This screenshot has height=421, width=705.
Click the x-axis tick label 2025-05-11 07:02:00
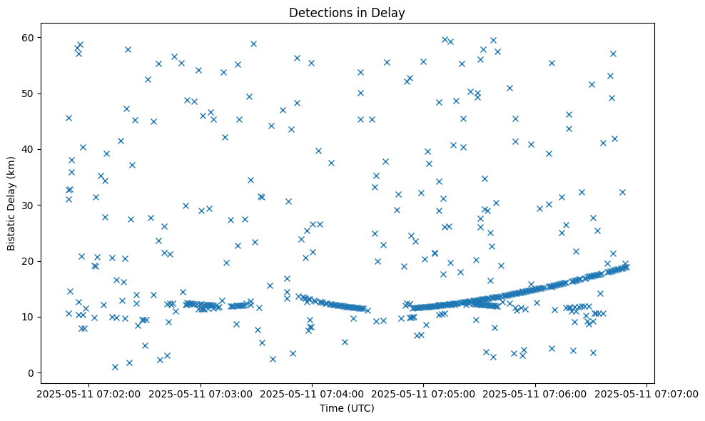click(89, 393)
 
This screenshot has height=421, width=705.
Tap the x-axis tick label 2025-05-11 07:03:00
click(201, 393)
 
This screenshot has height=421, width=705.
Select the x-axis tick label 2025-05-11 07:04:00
click(313, 393)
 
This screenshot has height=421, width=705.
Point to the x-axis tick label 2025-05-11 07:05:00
click(424, 393)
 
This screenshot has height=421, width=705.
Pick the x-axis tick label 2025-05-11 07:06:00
click(536, 393)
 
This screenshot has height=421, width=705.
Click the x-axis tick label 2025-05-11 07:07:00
click(647, 393)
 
